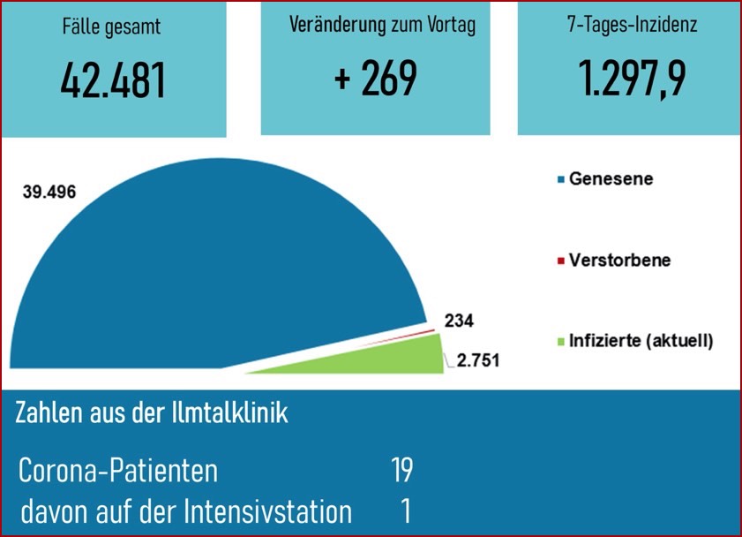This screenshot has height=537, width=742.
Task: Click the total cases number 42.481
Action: click(x=113, y=80)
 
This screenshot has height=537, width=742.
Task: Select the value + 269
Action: click(x=376, y=79)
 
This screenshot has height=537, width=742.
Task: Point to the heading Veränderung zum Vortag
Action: click(x=382, y=25)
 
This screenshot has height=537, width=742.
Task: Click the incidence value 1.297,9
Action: click(x=633, y=79)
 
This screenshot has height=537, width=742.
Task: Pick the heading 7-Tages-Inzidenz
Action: click(x=632, y=25)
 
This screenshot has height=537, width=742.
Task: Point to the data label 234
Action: click(x=458, y=321)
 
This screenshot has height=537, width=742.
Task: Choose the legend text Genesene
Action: click(x=611, y=179)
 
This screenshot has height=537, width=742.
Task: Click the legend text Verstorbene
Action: click(x=619, y=261)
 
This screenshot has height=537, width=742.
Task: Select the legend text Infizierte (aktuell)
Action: click(x=641, y=340)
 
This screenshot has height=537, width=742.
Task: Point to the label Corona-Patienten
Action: click(x=118, y=471)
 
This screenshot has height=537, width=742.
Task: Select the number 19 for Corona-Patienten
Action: click(x=401, y=471)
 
